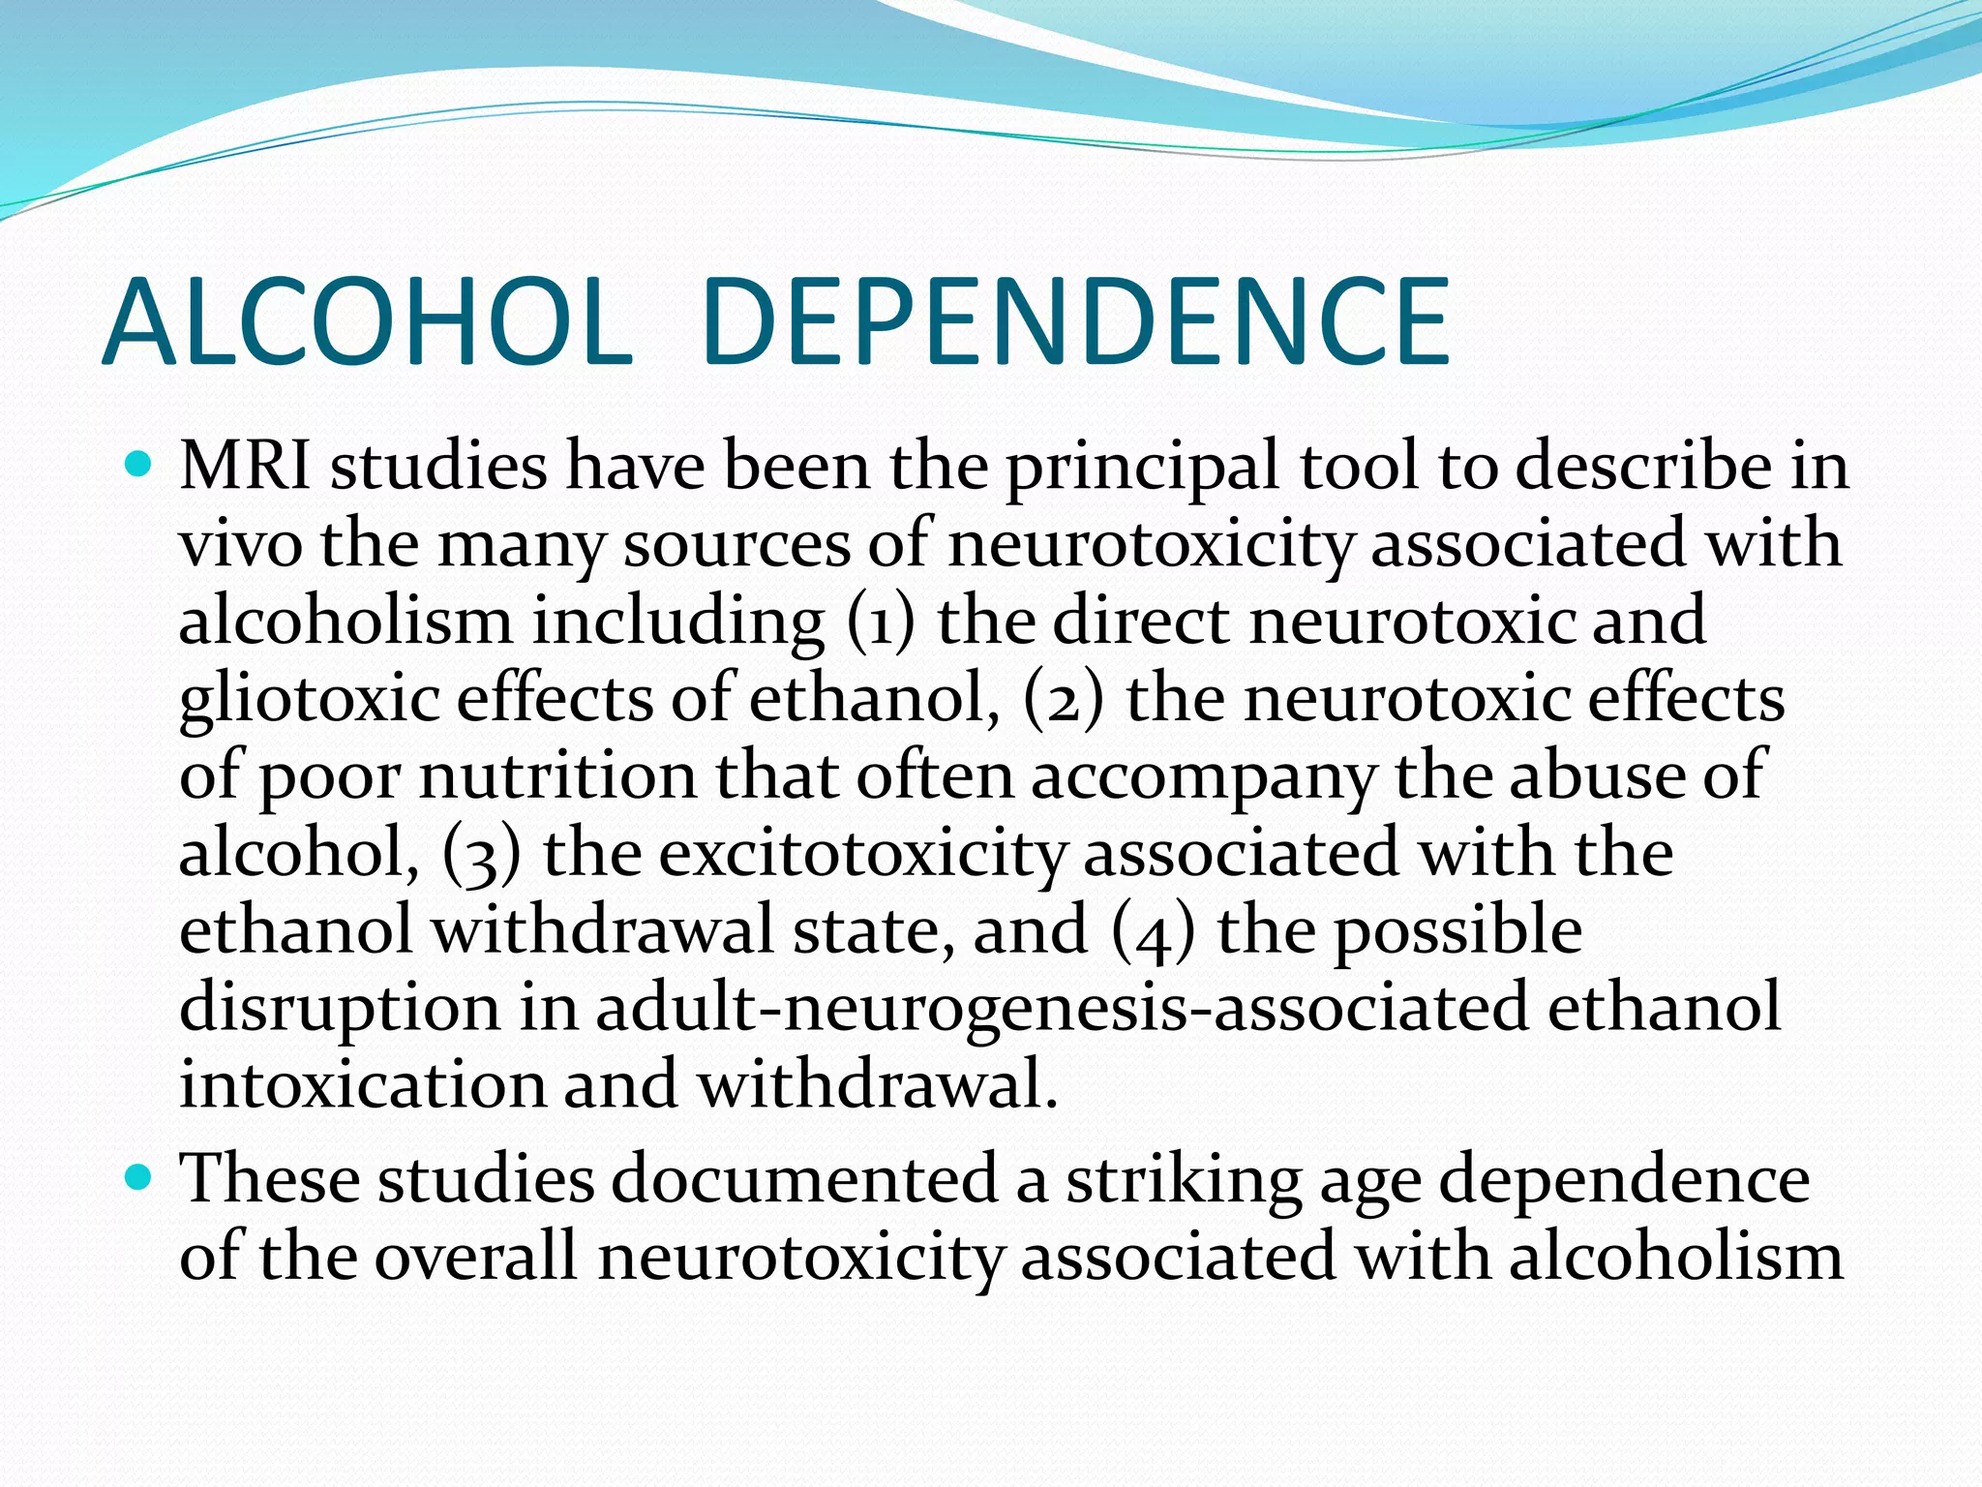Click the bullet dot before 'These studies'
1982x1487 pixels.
pos(140,1178)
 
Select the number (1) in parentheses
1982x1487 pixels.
pos(880,622)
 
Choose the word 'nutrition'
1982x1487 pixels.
pos(556,776)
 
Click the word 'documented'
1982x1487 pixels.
pos(804,1180)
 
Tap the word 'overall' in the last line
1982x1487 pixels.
pos(475,1258)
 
